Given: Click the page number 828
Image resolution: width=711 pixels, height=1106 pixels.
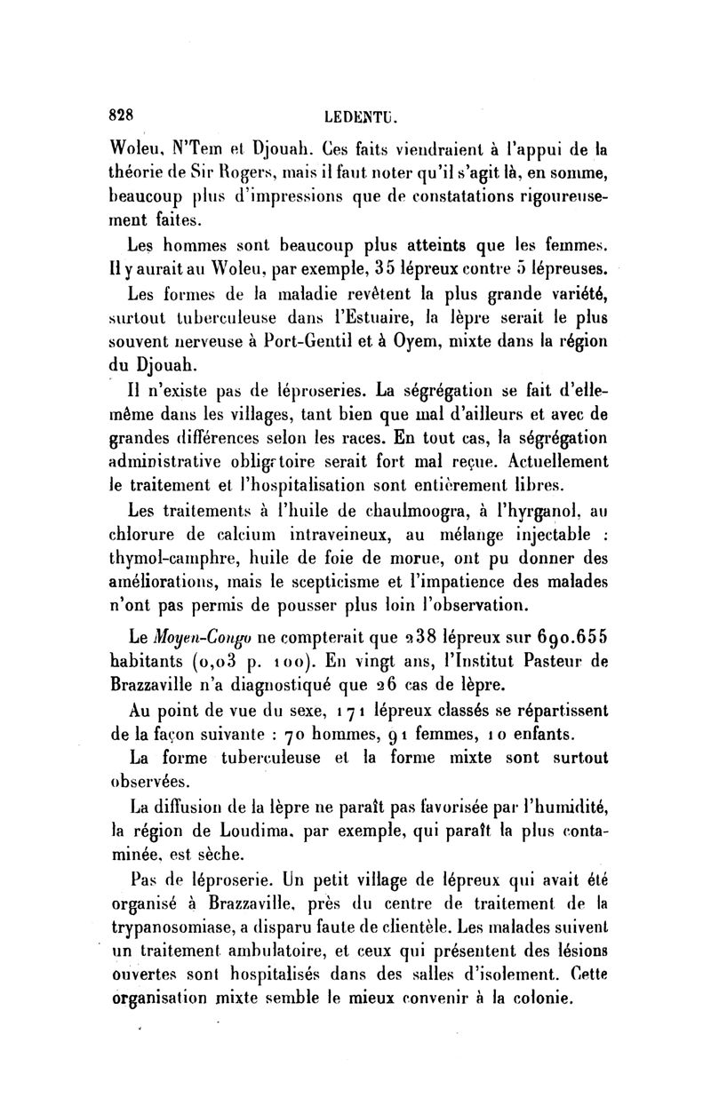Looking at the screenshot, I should pos(119,114).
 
